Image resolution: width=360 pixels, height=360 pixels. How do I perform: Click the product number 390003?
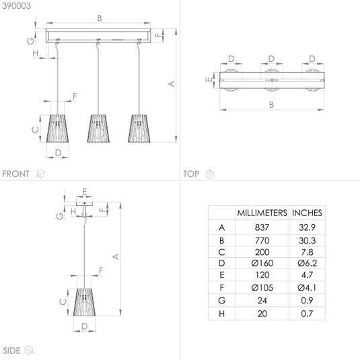[16, 6]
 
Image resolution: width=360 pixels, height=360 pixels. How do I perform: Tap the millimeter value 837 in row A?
[262, 227]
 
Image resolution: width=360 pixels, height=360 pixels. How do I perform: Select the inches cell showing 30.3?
[308, 241]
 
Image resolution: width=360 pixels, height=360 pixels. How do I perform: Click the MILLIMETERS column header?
[262, 213]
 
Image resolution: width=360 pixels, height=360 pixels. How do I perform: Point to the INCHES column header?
[308, 213]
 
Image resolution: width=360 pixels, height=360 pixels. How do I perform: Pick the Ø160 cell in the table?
[262, 263]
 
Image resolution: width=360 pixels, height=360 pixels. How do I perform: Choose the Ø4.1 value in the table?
[308, 288]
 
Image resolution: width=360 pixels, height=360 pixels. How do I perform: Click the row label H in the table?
[222, 314]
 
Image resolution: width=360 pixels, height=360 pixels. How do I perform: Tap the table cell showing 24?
[262, 301]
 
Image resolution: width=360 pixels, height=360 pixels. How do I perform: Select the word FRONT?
[15, 174]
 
